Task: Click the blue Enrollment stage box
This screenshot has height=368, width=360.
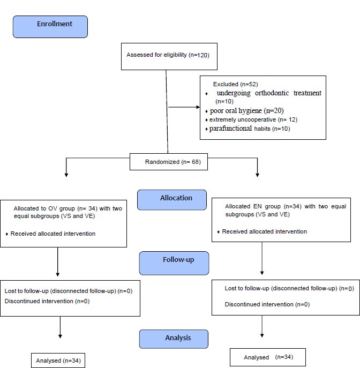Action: pos(50,27)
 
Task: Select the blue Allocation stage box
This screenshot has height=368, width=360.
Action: pos(172,200)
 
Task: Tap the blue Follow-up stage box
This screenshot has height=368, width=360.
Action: pos(174,263)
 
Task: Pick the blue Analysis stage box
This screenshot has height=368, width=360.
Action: pos(174,339)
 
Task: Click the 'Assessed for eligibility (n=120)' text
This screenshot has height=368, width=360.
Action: pos(168,55)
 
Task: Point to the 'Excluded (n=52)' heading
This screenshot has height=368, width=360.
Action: pos(235,84)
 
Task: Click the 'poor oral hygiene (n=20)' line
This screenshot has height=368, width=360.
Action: pos(246,110)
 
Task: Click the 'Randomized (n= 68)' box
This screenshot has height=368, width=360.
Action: pos(169,162)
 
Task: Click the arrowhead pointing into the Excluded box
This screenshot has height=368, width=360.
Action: pos(198,107)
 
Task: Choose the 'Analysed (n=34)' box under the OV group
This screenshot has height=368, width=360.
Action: pos(58,361)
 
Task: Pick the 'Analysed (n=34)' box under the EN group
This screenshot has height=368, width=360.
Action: pos(268,357)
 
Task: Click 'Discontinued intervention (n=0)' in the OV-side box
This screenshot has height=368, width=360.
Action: pos(47,301)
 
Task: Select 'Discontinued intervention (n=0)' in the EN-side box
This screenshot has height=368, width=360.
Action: pos(267,304)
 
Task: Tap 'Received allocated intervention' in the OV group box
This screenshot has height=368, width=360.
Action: pos(53,234)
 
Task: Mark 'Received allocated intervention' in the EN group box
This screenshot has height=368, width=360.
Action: pos(265,231)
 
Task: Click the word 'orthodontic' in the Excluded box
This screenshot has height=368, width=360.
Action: pos(272,93)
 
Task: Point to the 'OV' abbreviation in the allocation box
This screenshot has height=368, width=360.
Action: pos(52,208)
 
